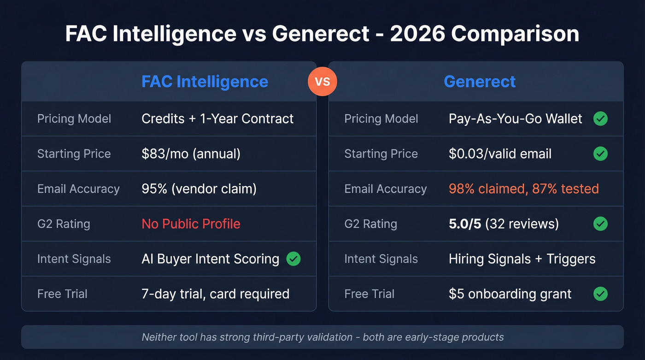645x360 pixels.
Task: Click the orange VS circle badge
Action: pyautogui.click(x=322, y=82)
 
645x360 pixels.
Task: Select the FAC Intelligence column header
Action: pyautogui.click(x=205, y=82)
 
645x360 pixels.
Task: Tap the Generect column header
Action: pyautogui.click(x=480, y=82)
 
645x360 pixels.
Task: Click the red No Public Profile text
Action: pyautogui.click(x=191, y=224)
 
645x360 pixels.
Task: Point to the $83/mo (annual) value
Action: pyautogui.click(x=191, y=153)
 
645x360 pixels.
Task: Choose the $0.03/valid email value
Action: pyautogui.click(x=500, y=153)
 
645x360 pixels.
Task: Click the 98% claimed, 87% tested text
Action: pyautogui.click(x=523, y=189)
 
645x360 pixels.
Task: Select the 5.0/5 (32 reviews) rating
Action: pyautogui.click(x=504, y=224)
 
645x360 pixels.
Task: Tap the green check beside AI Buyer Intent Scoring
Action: pyautogui.click(x=293, y=259)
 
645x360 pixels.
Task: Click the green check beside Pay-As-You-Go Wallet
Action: pyautogui.click(x=600, y=119)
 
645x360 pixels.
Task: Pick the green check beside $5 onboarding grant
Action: pyautogui.click(x=600, y=294)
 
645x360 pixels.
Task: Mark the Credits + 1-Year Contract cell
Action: pyautogui.click(x=217, y=119)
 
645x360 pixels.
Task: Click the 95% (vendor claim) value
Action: pyautogui.click(x=199, y=189)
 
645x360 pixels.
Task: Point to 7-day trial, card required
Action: pyautogui.click(x=215, y=294)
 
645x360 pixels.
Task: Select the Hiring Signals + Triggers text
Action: pyautogui.click(x=522, y=259)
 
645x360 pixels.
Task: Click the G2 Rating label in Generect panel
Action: pyautogui.click(x=370, y=224)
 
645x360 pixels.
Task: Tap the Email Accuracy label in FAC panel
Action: pyautogui.click(x=78, y=189)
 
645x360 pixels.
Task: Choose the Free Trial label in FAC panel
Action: pyautogui.click(x=62, y=294)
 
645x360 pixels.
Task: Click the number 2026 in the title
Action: pyautogui.click(x=416, y=35)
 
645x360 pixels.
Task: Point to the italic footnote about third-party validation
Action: pyautogui.click(x=322, y=337)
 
